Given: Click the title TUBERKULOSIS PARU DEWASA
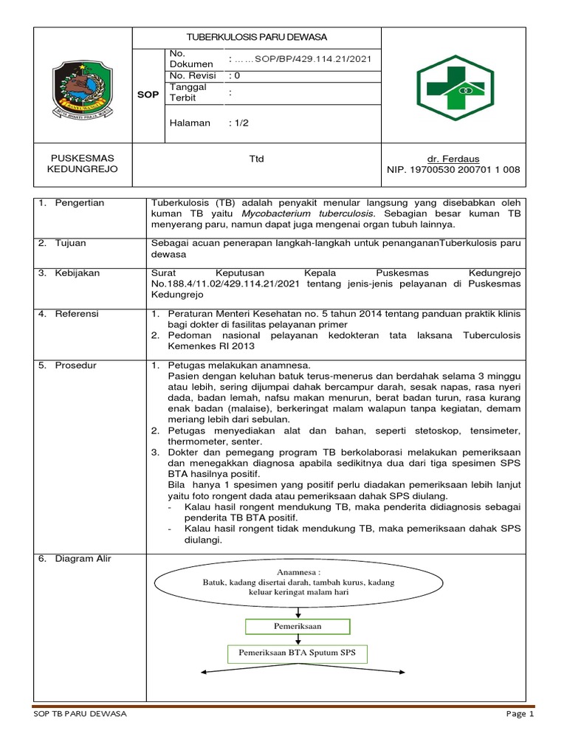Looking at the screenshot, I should coord(256,37).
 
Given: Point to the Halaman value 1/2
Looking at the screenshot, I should coord(240,123).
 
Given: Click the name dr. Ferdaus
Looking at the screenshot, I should coord(453,159).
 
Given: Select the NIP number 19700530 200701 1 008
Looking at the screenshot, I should coord(453,170).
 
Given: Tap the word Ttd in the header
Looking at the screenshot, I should coord(256,159).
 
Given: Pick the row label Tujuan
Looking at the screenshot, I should coord(72,242).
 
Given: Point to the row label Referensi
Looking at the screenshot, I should coord(78,314).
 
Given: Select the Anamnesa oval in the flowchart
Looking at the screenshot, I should coord(298,582).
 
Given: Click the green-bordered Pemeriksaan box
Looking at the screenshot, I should coord(298,626).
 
